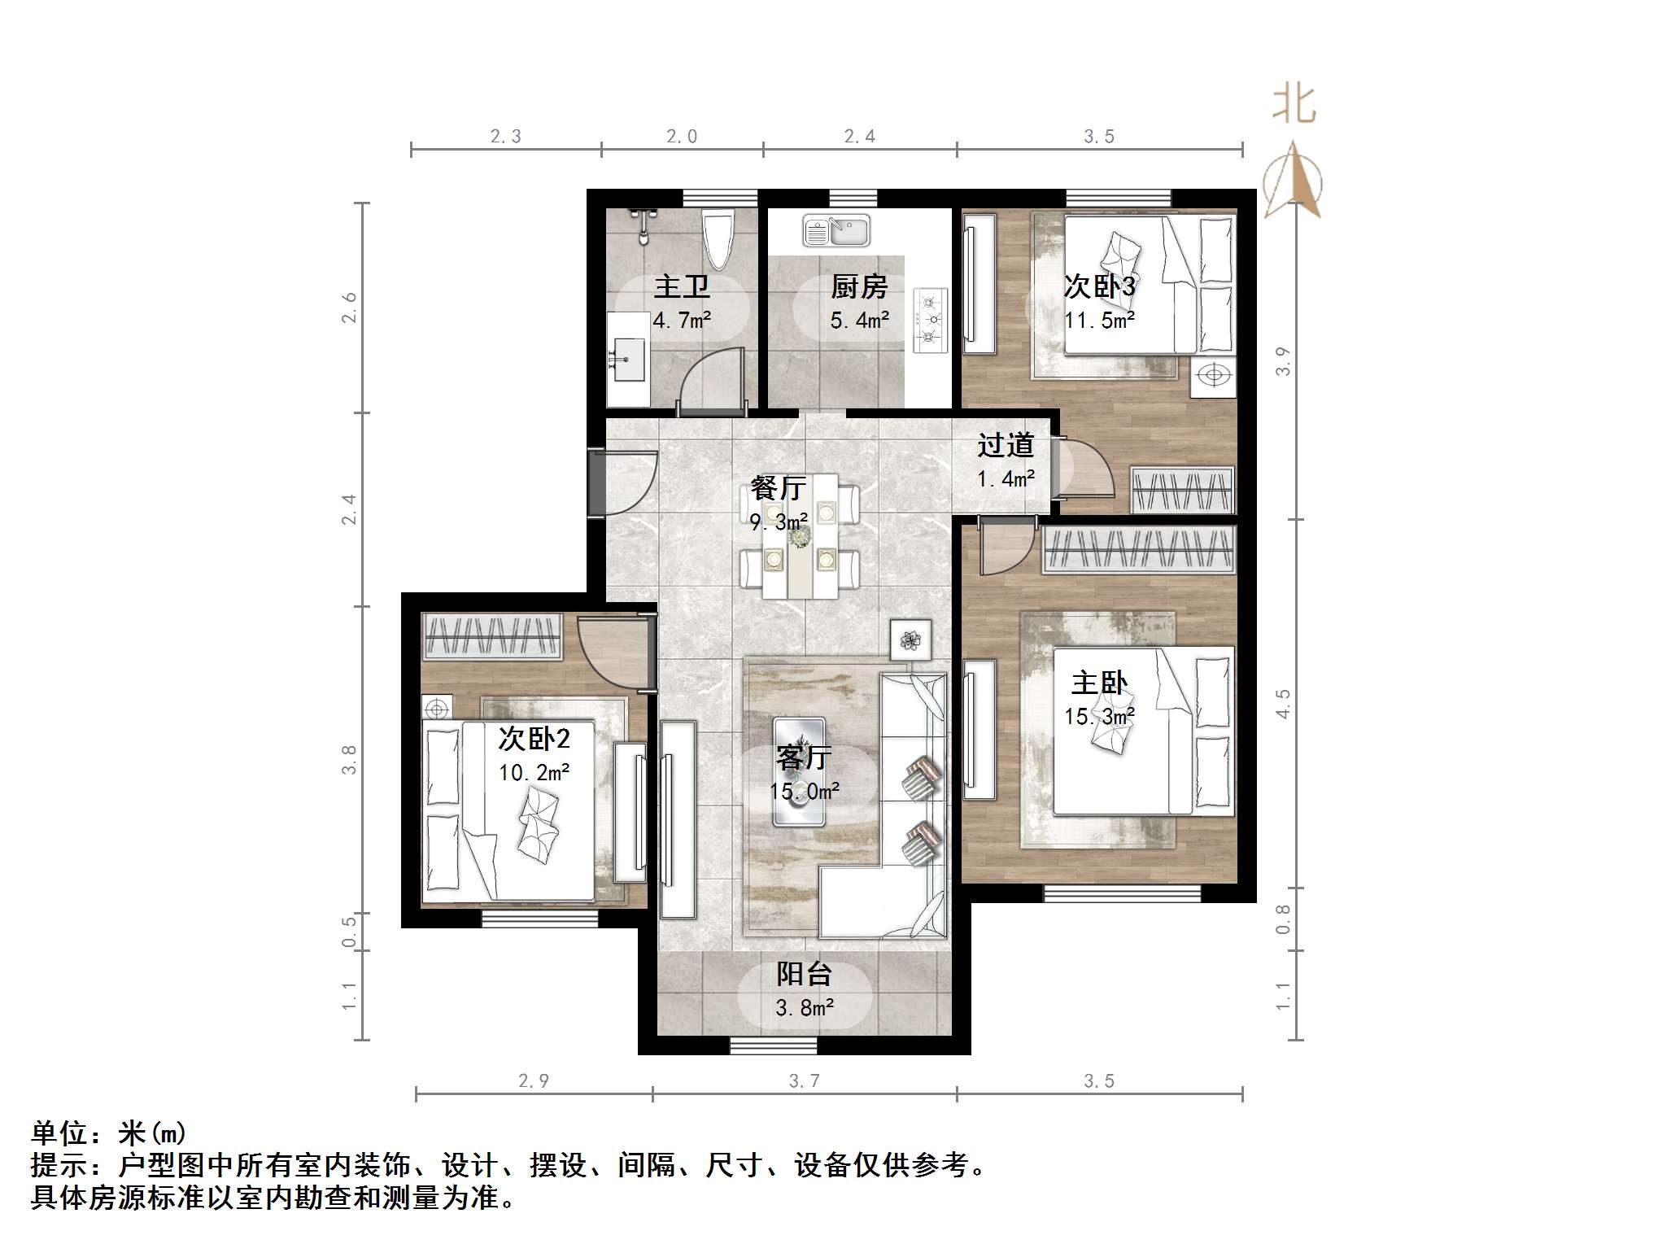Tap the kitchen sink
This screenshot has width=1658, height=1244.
pyautogui.click(x=836, y=230)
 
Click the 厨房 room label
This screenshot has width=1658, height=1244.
pyautogui.click(x=859, y=286)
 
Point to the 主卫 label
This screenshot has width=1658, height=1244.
pyautogui.click(x=682, y=286)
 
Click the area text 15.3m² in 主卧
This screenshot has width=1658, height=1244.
pyautogui.click(x=1099, y=717)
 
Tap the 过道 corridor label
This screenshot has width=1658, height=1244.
pyautogui.click(x=1006, y=445)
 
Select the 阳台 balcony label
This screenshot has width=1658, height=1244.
pyautogui.click(x=804, y=974)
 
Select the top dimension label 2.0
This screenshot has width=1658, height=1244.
pyautogui.click(x=682, y=137)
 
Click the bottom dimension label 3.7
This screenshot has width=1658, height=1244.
pyautogui.click(x=804, y=1080)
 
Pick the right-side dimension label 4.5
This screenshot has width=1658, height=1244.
pyautogui.click(x=1283, y=704)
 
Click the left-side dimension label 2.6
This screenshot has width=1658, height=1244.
pyautogui.click(x=349, y=308)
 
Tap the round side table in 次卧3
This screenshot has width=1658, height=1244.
pyautogui.click(x=1215, y=376)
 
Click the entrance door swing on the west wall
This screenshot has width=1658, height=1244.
pyautogui.click(x=626, y=483)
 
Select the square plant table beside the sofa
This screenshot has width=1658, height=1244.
pyautogui.click(x=910, y=640)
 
